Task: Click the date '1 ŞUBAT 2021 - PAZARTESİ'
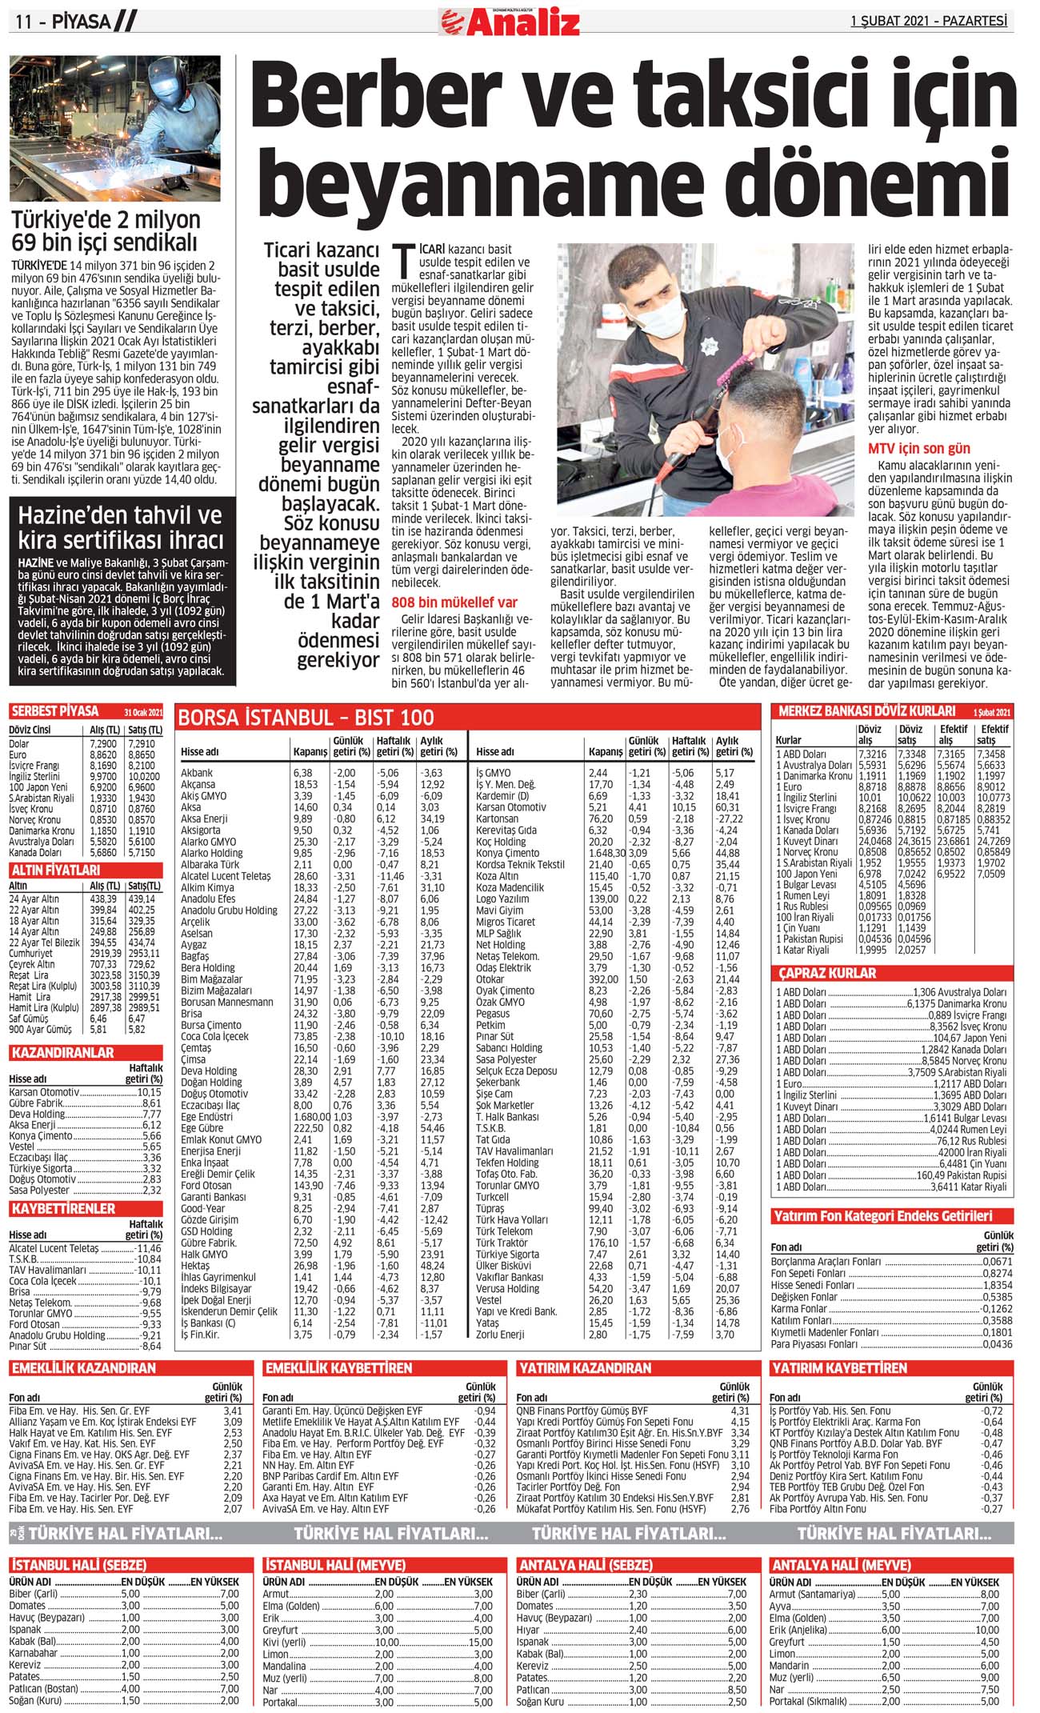928,22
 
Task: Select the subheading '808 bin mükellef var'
454,602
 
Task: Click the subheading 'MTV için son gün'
919,448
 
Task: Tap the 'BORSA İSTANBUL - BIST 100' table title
306,717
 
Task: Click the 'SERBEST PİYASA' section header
55,711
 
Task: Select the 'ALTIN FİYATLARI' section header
55,870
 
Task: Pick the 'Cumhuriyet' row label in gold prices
32,954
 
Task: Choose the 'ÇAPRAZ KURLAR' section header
828,974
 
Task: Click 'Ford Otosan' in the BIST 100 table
206,1186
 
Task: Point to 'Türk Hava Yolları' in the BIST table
512,1220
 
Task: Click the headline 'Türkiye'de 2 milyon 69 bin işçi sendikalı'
106,230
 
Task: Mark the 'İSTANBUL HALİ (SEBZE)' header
78,1565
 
